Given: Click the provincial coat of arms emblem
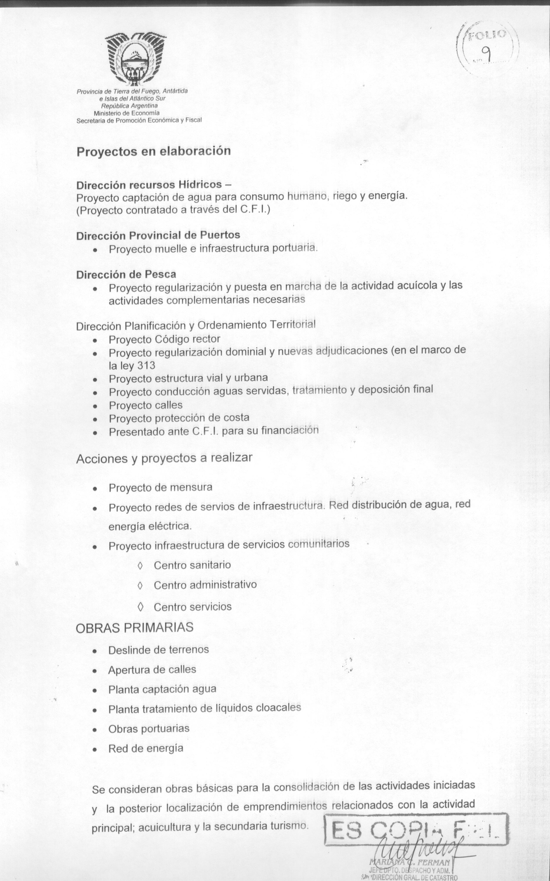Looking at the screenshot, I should click(x=135, y=58).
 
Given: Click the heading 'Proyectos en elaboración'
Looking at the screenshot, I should click(x=154, y=151).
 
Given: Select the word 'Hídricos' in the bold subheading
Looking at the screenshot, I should click(x=200, y=184).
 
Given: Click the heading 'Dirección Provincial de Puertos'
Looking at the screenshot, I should click(x=158, y=235).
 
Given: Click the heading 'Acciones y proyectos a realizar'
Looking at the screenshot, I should click(x=164, y=458).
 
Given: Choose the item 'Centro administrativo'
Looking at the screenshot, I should click(x=205, y=585).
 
